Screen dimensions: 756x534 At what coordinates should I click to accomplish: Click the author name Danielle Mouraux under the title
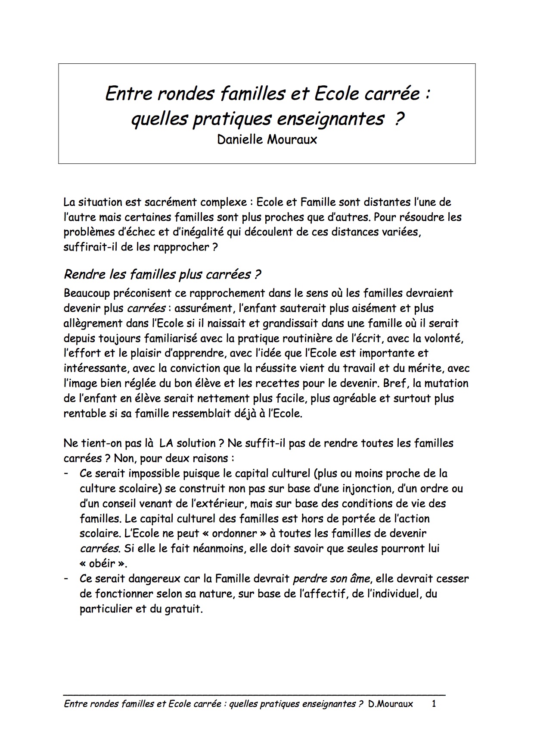click(267, 140)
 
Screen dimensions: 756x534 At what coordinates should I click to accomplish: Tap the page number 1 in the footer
click(434, 704)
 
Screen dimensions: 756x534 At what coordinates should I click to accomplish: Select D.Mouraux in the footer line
click(391, 704)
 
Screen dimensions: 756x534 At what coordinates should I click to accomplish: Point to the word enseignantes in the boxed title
click(329, 119)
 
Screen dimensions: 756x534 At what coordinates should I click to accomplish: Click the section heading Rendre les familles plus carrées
click(162, 274)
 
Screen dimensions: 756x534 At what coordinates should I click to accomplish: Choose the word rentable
click(84, 414)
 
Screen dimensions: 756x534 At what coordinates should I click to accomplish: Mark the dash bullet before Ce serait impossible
click(66, 474)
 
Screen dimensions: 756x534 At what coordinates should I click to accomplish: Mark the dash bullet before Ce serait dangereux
click(66, 579)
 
